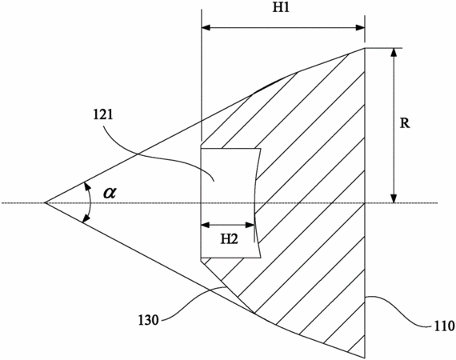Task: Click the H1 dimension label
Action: click(281, 7)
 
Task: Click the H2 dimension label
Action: click(229, 239)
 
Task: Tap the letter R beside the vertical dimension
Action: click(405, 123)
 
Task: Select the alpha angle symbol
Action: click(110, 193)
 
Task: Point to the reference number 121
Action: click(102, 115)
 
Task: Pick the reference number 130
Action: click(148, 321)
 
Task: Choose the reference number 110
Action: click(444, 326)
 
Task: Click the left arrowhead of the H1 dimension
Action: click(206, 28)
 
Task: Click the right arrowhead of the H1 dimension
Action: click(361, 28)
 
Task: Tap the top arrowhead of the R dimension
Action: click(394, 52)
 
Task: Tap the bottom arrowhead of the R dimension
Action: click(394, 198)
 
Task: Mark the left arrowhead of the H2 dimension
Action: click(205, 225)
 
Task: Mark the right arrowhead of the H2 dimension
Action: click(250, 225)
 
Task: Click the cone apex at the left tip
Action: click(45, 202)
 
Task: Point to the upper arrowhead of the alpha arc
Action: click(86, 186)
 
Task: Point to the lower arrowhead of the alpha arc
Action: click(86, 219)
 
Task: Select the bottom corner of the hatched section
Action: click(364, 358)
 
